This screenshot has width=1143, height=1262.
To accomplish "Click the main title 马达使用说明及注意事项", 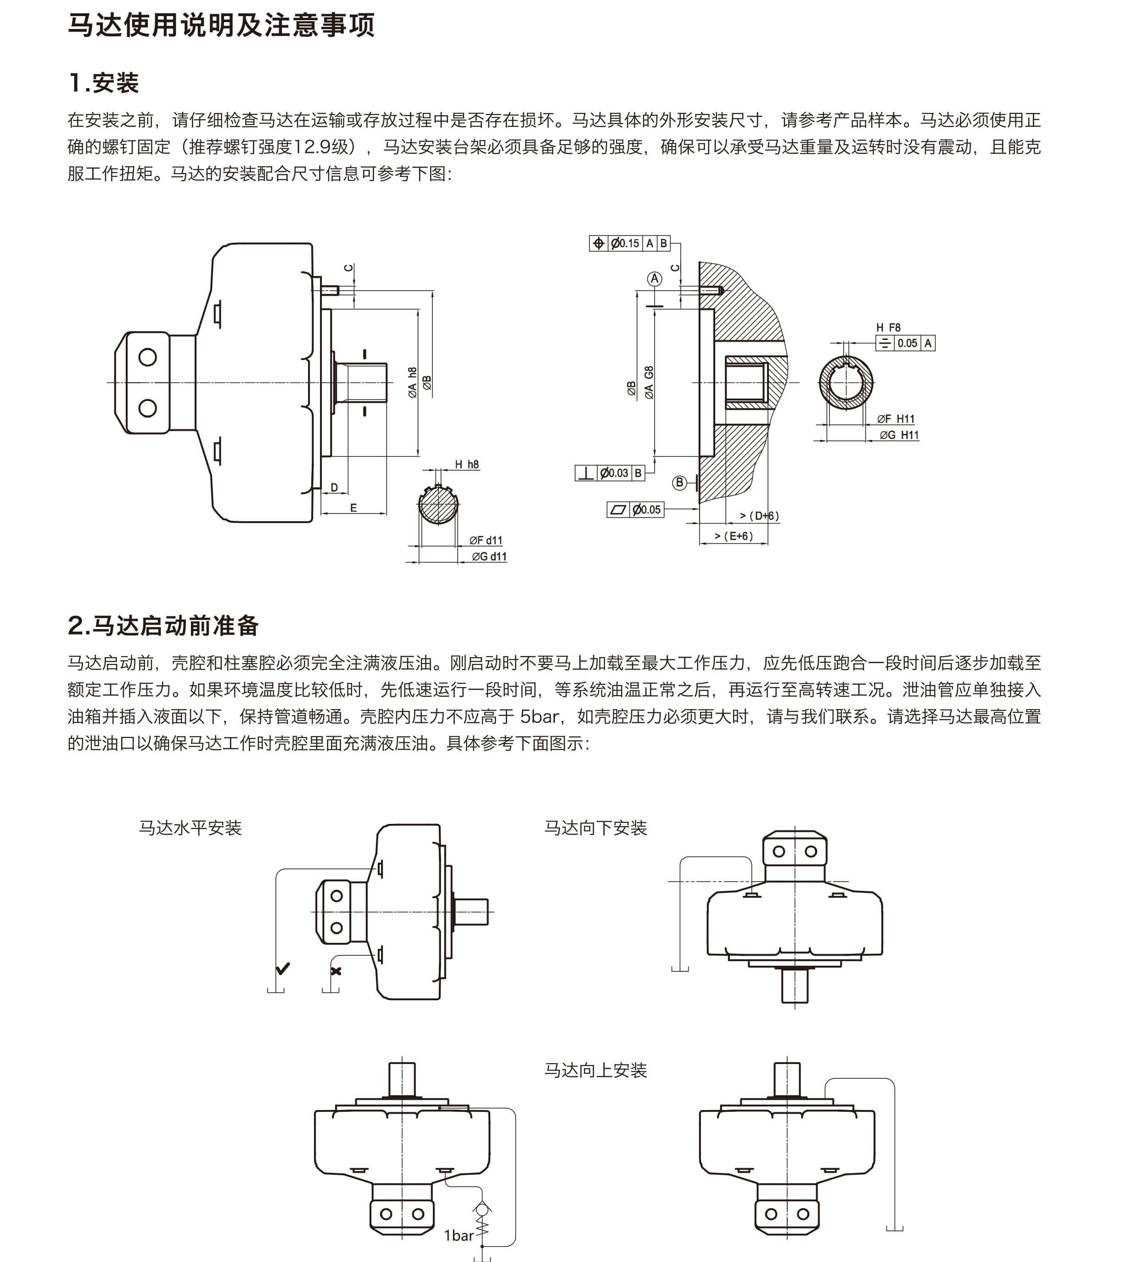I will pyautogui.click(x=221, y=26).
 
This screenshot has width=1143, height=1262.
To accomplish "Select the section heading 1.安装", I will pyautogui.click(x=104, y=83).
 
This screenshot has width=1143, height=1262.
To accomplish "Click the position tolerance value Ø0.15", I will pyautogui.click(x=625, y=243).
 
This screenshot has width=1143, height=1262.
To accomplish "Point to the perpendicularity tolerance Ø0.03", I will pyautogui.click(x=614, y=473).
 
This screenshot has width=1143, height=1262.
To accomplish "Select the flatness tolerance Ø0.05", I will pyautogui.click(x=646, y=510).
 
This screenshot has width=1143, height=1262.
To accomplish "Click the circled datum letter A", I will pyautogui.click(x=655, y=279).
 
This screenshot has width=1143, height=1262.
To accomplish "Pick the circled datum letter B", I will pyautogui.click(x=679, y=483).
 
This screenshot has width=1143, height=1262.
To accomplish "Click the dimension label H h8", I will pyautogui.click(x=467, y=464).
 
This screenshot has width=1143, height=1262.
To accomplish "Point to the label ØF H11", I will pyautogui.click(x=896, y=419).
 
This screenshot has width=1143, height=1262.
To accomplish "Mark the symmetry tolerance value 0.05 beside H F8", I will pyautogui.click(x=907, y=343).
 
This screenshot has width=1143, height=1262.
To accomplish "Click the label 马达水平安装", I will pyautogui.click(x=190, y=828).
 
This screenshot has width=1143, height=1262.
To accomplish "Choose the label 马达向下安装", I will pyautogui.click(x=595, y=828).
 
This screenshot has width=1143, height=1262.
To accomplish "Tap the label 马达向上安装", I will pyautogui.click(x=595, y=1070).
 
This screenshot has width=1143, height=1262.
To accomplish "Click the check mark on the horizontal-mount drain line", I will pyautogui.click(x=283, y=969).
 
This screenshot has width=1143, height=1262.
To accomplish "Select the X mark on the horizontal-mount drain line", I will pyautogui.click(x=336, y=971).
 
